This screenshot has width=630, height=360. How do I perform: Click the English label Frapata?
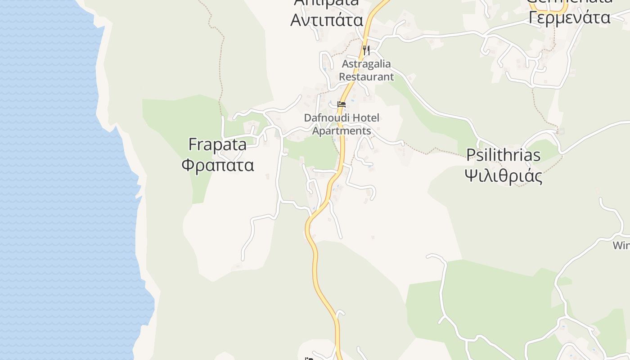[x=217, y=145]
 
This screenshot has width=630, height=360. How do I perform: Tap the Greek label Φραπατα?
[x=218, y=165]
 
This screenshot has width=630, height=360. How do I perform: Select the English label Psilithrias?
[x=503, y=155]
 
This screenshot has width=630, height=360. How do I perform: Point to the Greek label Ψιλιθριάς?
[x=503, y=175]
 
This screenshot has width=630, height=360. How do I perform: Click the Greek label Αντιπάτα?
[x=327, y=20]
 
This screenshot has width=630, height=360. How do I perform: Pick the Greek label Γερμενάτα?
[x=569, y=18]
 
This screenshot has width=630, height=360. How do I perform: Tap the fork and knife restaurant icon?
[x=366, y=50]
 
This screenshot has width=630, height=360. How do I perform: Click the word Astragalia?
[x=366, y=63]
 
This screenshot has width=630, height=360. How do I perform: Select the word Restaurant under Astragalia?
[x=366, y=76]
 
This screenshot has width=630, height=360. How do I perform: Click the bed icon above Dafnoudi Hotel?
[x=342, y=104]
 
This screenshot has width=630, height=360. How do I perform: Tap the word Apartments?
[x=342, y=131]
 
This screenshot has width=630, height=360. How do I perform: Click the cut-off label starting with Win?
[x=621, y=246]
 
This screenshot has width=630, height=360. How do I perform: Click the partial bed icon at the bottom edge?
[x=309, y=358]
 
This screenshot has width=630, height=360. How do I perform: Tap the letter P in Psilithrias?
[x=471, y=155]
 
